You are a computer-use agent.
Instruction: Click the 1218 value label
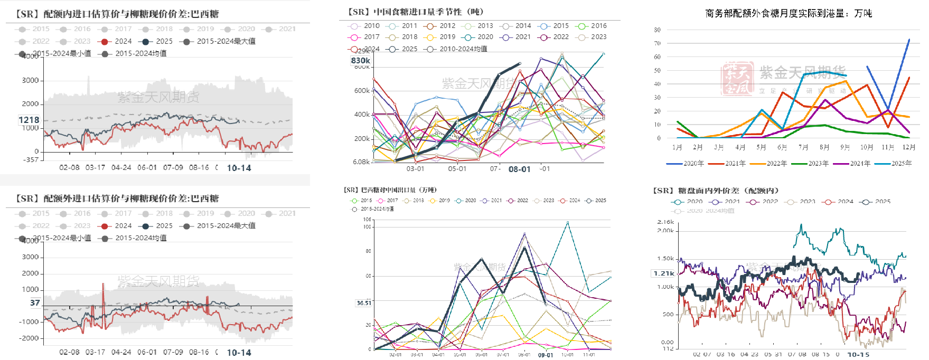pos(29,120)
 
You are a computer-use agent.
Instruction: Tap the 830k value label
pos(361,61)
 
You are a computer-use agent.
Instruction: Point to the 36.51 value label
pos(364,303)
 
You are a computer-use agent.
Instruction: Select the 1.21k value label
pos(664,273)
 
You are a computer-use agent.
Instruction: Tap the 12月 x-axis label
pos(909,147)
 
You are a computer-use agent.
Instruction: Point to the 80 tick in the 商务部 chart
pos(657,30)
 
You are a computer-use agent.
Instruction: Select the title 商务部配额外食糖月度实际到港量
pos(789,13)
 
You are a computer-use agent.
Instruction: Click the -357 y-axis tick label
pos(32,159)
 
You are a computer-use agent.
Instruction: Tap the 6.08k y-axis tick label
pos(361,162)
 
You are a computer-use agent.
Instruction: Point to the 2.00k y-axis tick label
pos(665,231)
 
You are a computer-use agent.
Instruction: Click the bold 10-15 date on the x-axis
pos(858,355)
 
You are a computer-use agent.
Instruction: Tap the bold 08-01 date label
pos(519,169)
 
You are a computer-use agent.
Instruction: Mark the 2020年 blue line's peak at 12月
pos(909,39)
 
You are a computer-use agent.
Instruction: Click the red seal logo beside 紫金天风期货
pos(738,79)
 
